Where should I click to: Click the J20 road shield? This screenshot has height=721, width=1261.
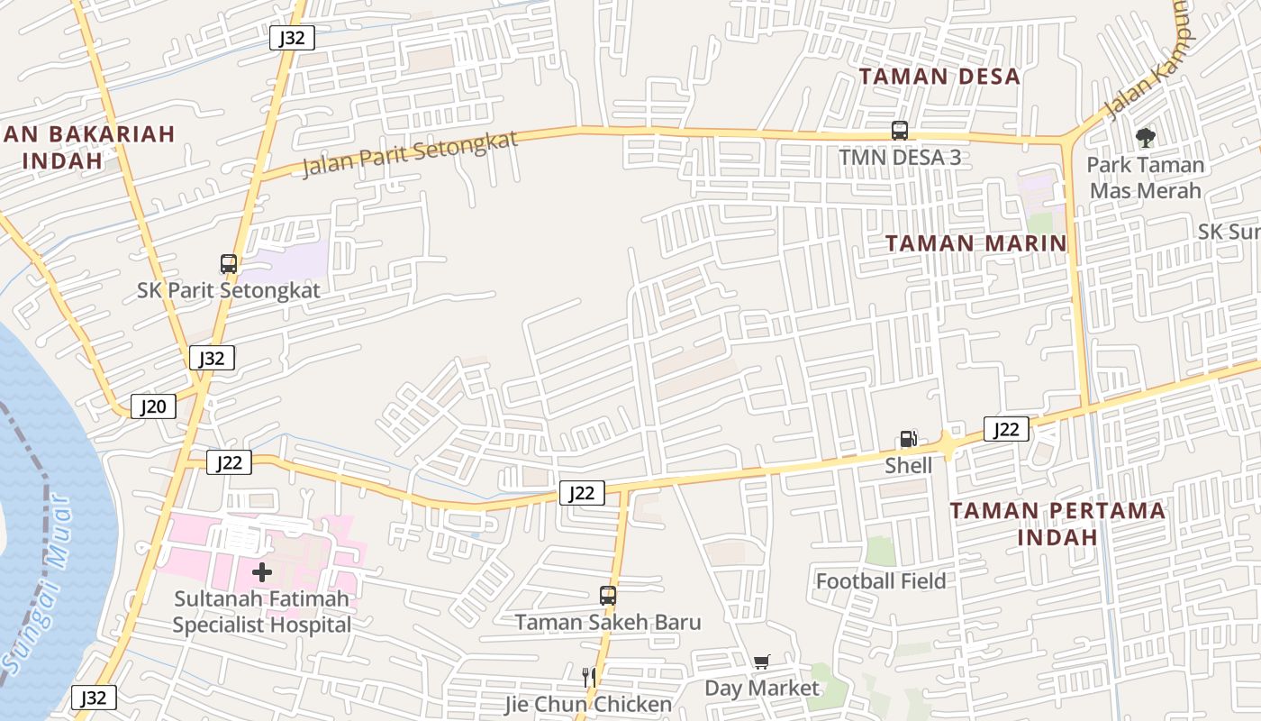tap(153, 406)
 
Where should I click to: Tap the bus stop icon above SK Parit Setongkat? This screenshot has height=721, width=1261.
tap(229, 264)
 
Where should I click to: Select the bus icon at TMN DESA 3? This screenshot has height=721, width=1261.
tap(899, 130)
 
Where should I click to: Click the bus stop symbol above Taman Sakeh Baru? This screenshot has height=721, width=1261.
tap(608, 596)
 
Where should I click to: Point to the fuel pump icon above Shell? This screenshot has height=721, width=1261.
tap(908, 440)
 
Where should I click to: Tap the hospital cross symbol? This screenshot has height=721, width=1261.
tap(262, 572)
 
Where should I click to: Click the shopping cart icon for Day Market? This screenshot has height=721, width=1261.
tap(762, 662)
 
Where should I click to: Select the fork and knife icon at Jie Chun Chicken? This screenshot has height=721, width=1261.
tap(589, 677)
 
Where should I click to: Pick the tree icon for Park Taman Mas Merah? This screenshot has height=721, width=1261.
tap(1145, 138)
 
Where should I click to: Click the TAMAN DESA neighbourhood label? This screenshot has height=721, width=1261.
tap(939, 76)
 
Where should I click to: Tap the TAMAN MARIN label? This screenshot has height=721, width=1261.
tap(975, 243)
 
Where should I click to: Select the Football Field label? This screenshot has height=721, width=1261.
tap(880, 581)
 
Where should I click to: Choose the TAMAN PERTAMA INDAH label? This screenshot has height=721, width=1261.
tap(1057, 524)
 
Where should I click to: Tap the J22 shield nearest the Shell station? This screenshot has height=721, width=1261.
tap(1005, 429)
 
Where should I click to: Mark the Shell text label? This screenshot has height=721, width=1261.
tap(908, 465)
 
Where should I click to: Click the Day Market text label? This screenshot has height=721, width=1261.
tap(762, 689)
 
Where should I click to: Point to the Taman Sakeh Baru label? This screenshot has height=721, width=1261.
tap(608, 622)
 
